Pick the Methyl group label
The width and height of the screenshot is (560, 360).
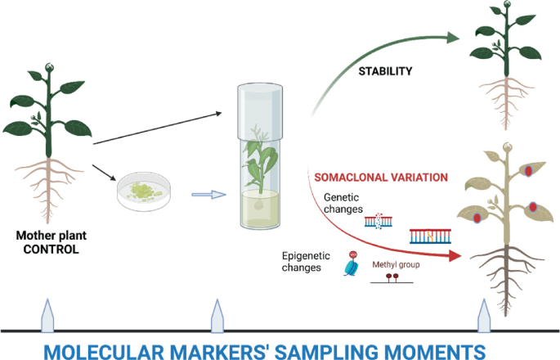(396, 265)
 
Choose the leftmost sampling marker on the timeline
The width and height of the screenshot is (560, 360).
(47, 315)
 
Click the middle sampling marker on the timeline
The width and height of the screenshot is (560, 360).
(217, 315)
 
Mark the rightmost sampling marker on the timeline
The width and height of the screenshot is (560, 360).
(484, 315)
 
